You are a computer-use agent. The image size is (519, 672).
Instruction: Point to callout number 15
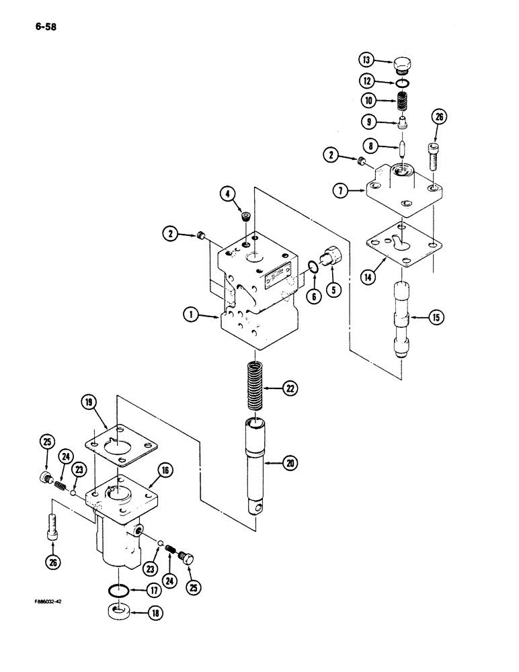coord(436,317)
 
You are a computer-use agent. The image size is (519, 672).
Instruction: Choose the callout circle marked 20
coord(290,462)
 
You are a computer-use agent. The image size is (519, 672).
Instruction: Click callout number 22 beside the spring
coord(290,388)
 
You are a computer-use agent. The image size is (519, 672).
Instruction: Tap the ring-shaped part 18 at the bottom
coord(119,614)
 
